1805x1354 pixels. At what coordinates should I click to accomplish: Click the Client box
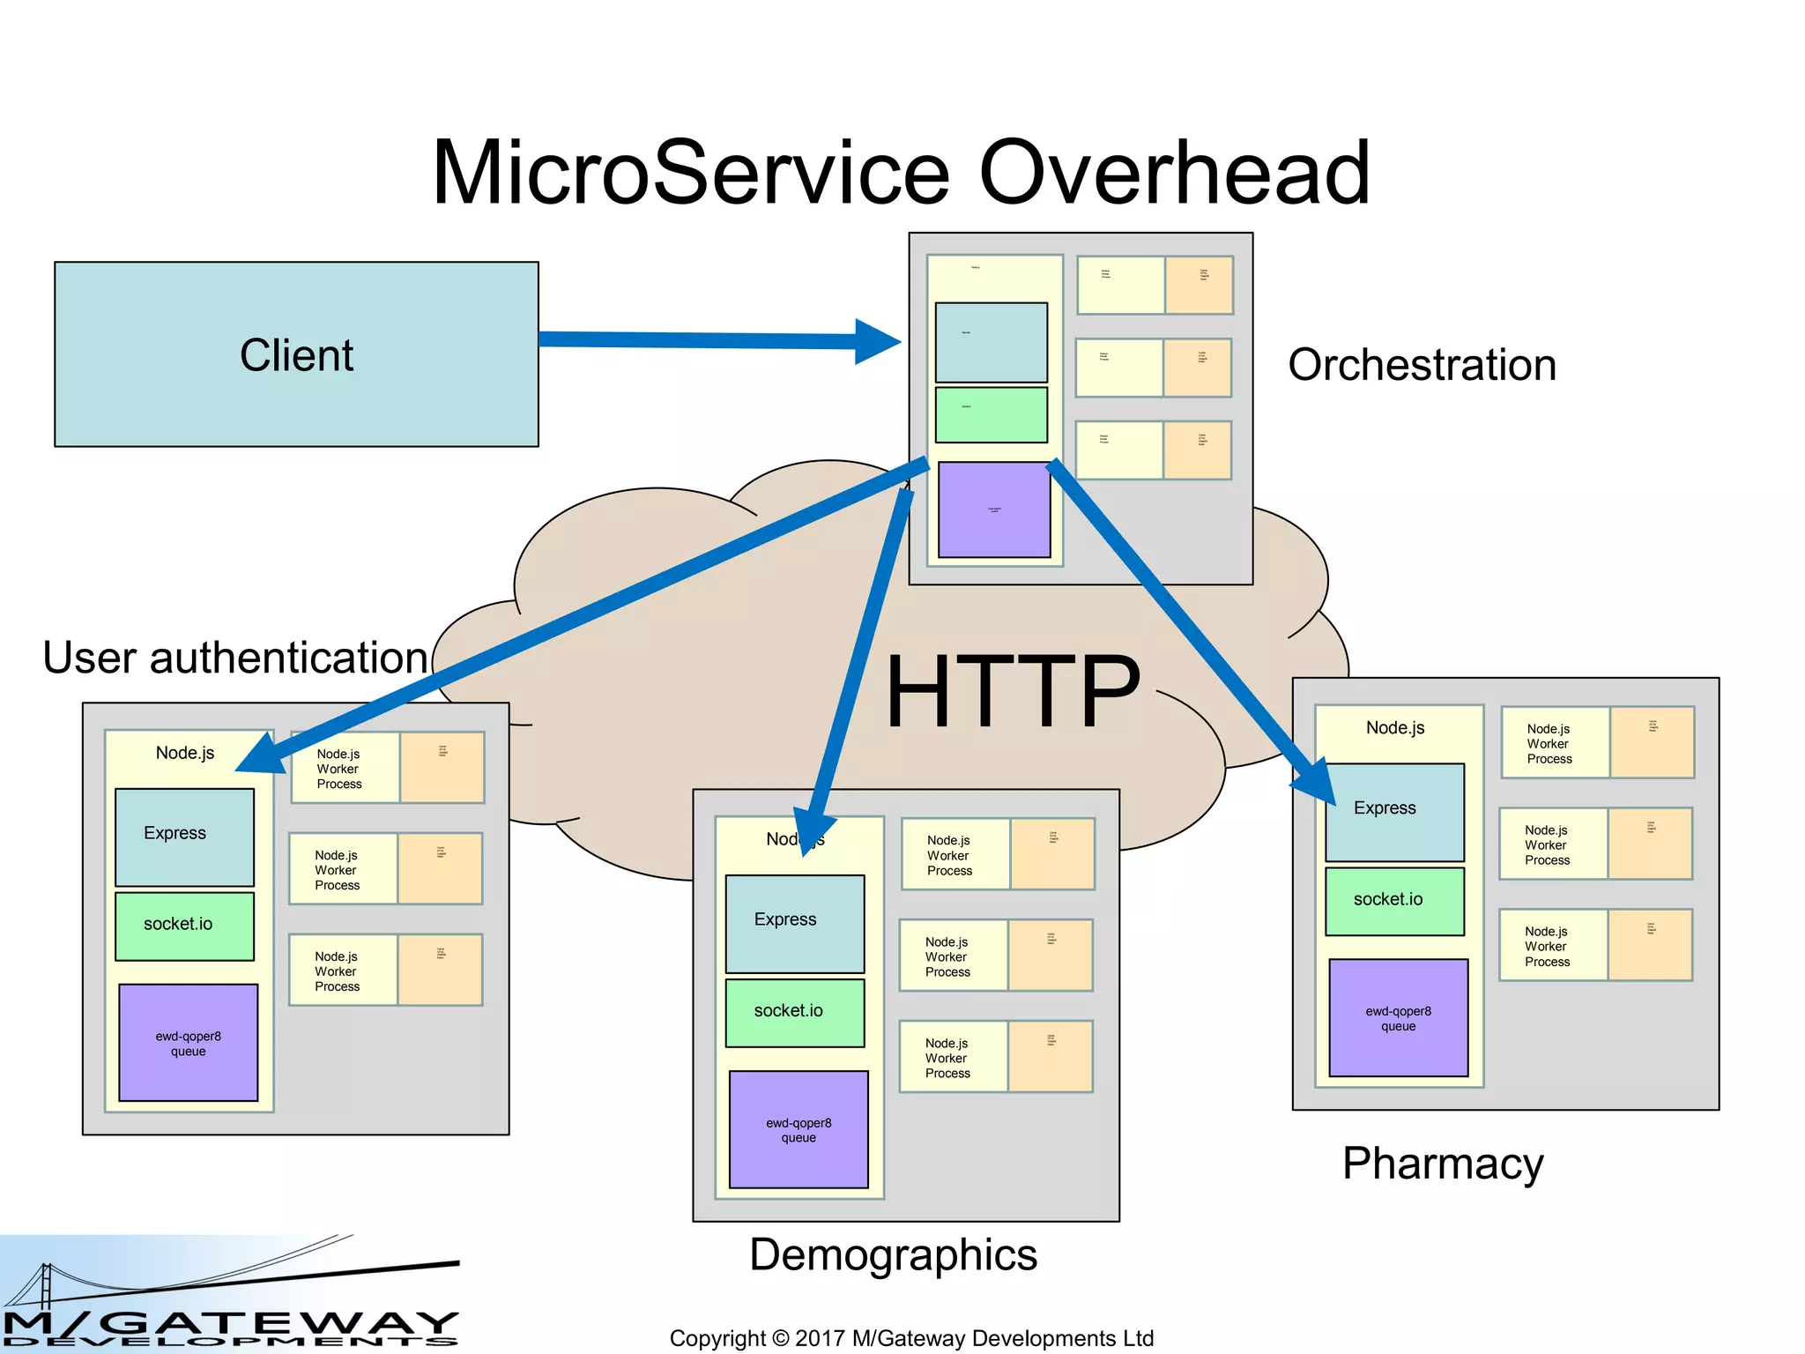[x=296, y=354]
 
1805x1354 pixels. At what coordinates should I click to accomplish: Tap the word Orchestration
[x=1422, y=365]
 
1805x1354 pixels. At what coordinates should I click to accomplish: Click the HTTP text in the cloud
[x=1013, y=692]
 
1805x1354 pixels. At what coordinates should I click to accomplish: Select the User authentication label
[x=235, y=658]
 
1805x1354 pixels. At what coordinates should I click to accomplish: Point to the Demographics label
[x=893, y=1254]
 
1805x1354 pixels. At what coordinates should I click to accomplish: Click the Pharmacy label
[x=1443, y=1164]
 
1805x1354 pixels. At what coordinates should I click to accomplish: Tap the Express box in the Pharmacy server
[x=1394, y=812]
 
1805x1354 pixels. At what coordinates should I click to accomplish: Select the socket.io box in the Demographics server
[x=794, y=1012]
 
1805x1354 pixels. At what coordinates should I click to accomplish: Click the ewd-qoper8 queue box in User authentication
[x=188, y=1043]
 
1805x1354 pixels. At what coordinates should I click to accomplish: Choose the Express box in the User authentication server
[x=184, y=837]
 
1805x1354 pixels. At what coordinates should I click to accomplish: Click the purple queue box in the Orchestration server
[x=994, y=510]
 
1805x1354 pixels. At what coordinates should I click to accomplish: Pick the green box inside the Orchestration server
[x=991, y=414]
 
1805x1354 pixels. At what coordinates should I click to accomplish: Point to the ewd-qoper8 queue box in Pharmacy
[x=1398, y=1018]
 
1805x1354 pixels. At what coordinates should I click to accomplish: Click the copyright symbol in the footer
[x=780, y=1338]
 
